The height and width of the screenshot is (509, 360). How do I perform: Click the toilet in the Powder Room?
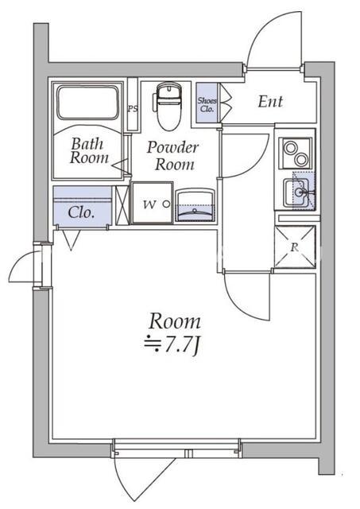click(x=168, y=106)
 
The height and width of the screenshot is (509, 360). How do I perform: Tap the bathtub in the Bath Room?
click(x=87, y=103)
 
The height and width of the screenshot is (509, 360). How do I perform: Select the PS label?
click(x=133, y=108)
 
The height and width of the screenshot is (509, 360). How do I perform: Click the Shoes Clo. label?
click(x=207, y=104)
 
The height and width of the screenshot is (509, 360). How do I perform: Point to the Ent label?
click(x=270, y=102)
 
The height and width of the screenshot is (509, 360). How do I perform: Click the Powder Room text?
click(x=173, y=156)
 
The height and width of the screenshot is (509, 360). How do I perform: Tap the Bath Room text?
click(x=88, y=150)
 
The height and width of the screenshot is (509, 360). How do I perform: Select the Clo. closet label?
click(x=81, y=212)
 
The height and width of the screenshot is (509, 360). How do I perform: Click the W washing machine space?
click(x=152, y=203)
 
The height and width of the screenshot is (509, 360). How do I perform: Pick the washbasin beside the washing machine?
click(x=195, y=206)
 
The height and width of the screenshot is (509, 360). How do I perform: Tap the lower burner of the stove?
click(x=302, y=159)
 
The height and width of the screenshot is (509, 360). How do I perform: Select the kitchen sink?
click(x=297, y=192)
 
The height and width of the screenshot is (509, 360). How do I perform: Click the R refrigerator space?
click(x=295, y=247)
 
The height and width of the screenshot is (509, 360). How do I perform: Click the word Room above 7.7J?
click(x=175, y=321)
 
